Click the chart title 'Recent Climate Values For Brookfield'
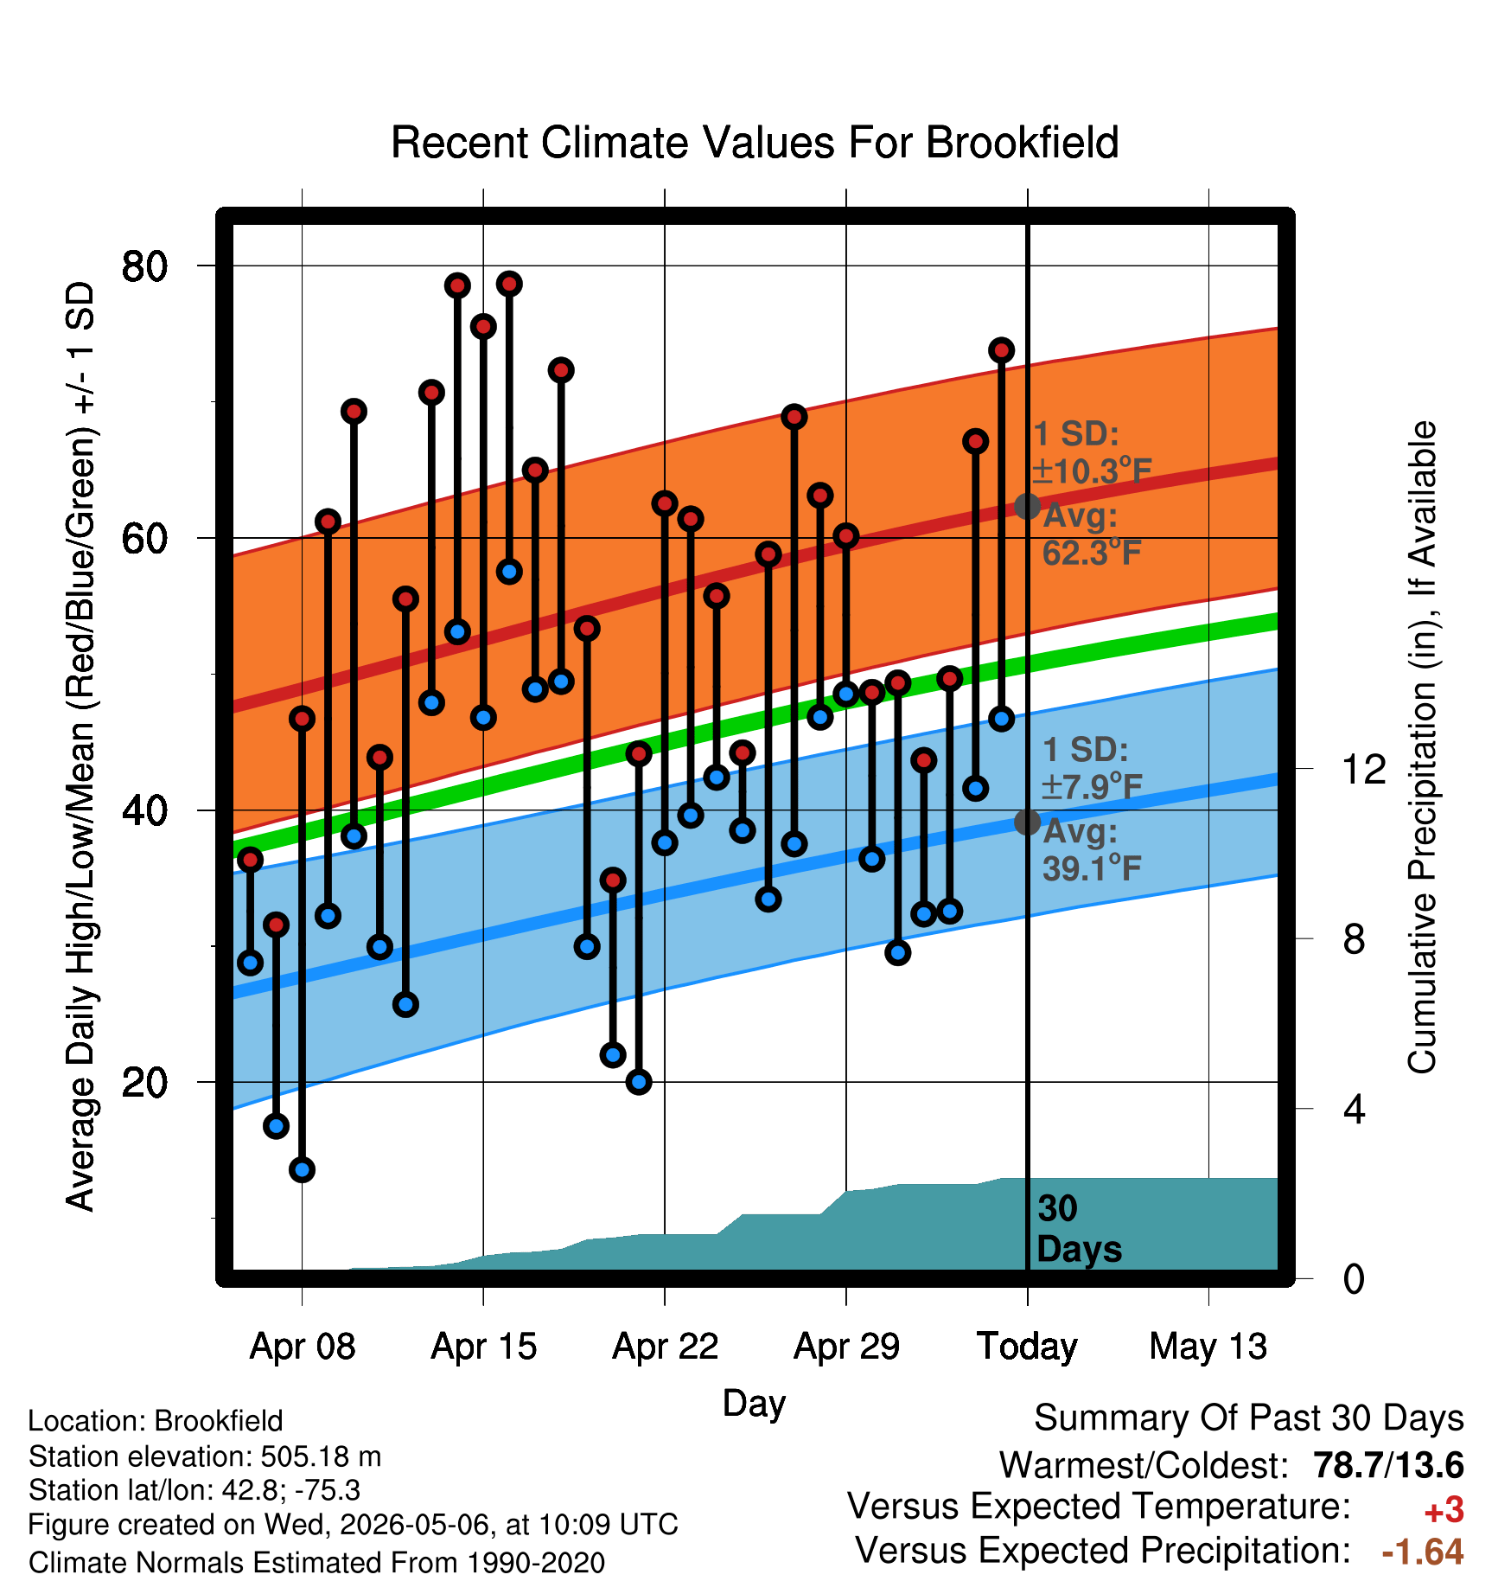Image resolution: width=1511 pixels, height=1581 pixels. [755, 143]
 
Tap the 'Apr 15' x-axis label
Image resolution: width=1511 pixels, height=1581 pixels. [484, 1347]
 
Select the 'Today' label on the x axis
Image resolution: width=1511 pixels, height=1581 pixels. [1027, 1347]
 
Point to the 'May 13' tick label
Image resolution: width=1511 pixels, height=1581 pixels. [1208, 1347]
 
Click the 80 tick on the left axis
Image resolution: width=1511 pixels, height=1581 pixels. [144, 266]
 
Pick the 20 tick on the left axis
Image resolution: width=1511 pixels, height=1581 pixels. [144, 1082]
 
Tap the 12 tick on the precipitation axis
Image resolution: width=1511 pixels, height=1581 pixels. [1364, 768]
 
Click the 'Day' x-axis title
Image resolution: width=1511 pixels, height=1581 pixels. [754, 1404]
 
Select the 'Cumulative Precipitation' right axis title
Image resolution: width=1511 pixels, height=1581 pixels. [1422, 747]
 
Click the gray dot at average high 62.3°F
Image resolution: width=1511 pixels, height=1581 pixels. [1027, 506]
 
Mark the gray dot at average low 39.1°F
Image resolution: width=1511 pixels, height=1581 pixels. [1027, 822]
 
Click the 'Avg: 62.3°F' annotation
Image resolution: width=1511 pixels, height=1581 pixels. [1092, 534]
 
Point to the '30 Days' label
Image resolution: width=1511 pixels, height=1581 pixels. [1079, 1229]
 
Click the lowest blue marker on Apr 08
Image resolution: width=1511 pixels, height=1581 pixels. [302, 1169]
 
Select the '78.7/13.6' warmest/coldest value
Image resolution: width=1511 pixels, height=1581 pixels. [1388, 1465]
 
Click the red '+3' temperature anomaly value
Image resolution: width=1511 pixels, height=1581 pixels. [1444, 1510]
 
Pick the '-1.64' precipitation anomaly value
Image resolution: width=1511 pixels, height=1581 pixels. [1423, 1552]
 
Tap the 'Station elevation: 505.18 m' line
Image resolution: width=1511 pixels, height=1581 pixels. [205, 1456]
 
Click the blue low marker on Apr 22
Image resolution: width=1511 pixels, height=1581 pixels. [665, 842]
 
